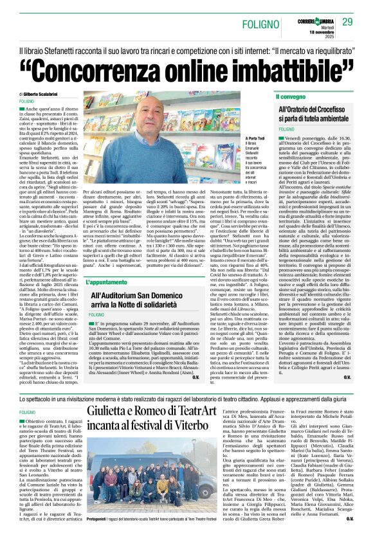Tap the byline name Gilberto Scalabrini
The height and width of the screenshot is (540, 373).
pyautogui.click(x=52, y=94)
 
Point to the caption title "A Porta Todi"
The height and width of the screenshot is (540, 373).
pyautogui.click(x=256, y=138)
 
